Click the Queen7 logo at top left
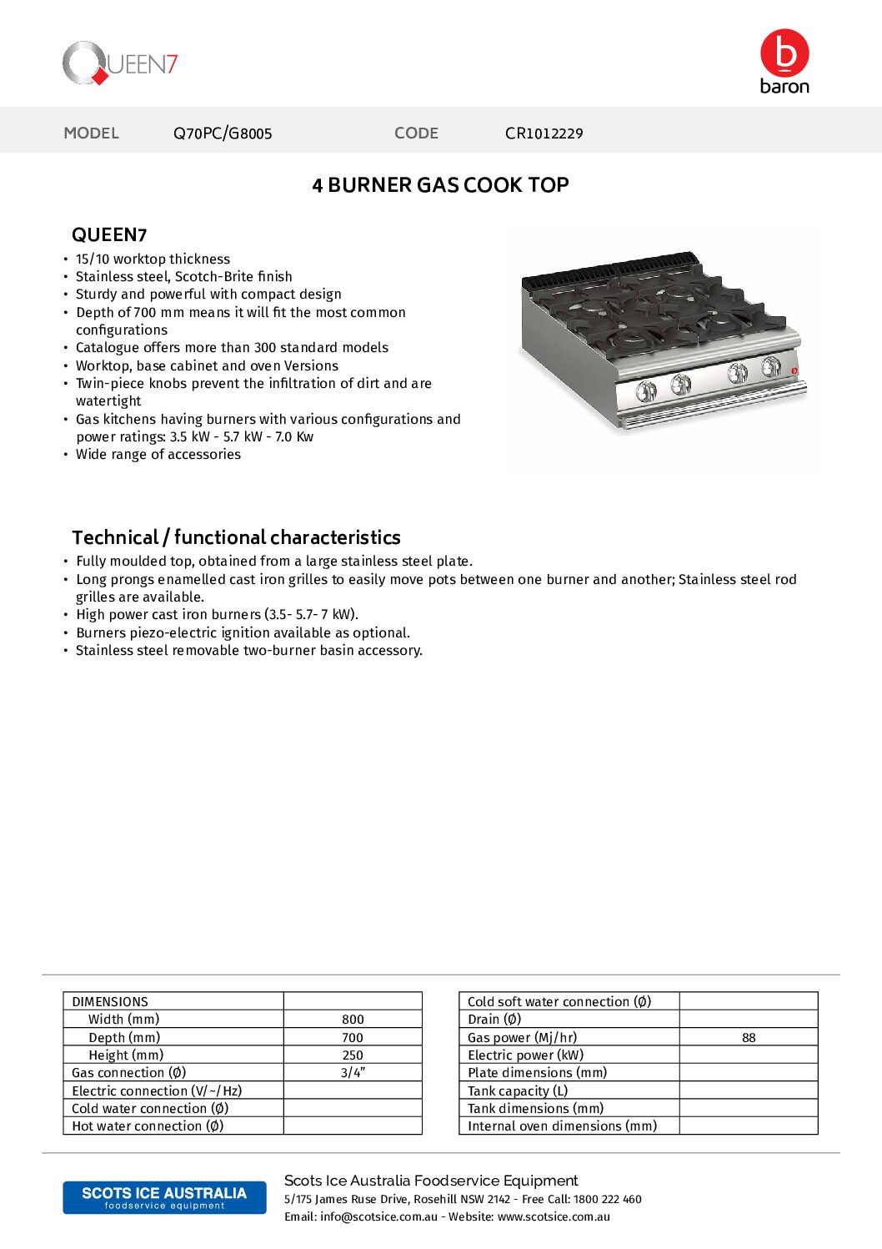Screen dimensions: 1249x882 tap(119, 63)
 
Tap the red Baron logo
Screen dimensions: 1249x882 tap(784, 61)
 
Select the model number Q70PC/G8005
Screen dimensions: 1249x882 tap(223, 133)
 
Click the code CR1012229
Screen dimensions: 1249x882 tap(544, 133)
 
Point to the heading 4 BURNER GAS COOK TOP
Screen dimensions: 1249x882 tap(440, 185)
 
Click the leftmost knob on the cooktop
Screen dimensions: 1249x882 tap(646, 390)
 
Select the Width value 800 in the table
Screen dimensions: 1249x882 tap(353, 1020)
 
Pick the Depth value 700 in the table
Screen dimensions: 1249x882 tap(353, 1038)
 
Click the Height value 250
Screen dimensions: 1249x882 tap(353, 1055)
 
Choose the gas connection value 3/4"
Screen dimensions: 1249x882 tap(353, 1073)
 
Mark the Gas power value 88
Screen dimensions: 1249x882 tap(749, 1038)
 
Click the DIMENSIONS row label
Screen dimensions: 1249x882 tap(110, 1002)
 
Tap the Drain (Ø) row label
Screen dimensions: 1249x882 tap(494, 1020)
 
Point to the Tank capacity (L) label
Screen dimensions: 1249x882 tap(518, 1091)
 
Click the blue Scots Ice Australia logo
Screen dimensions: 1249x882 tap(164, 1197)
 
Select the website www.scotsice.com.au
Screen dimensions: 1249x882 tap(554, 1217)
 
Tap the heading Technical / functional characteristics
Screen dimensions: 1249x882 tap(236, 537)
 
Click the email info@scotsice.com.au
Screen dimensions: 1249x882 tap(378, 1217)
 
